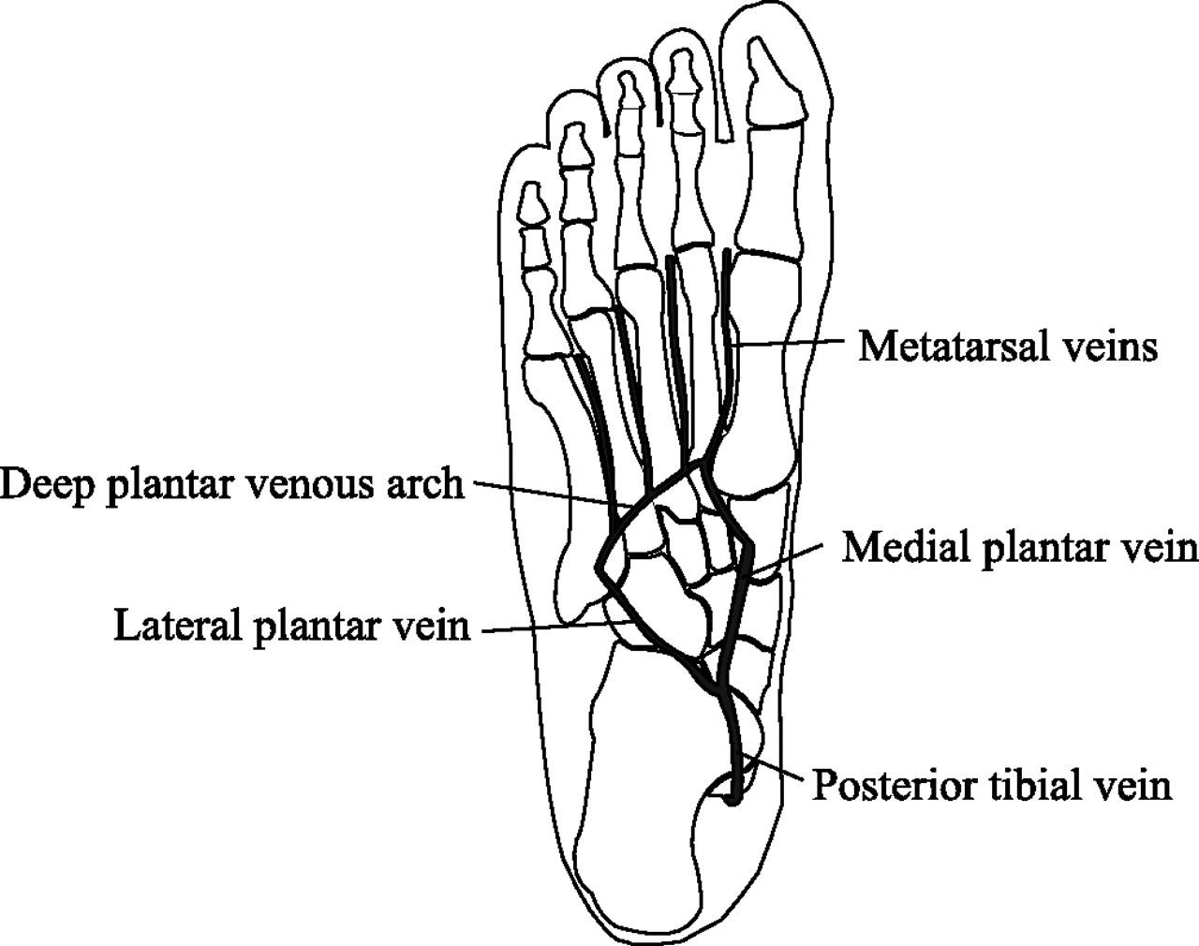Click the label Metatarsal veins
click(x=1008, y=347)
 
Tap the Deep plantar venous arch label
click(x=231, y=485)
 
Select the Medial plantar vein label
click(x=1019, y=547)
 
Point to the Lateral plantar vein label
click(x=290, y=626)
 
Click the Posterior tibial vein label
click(x=990, y=785)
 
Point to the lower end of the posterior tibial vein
click(x=733, y=798)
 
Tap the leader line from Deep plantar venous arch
click(x=543, y=494)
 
